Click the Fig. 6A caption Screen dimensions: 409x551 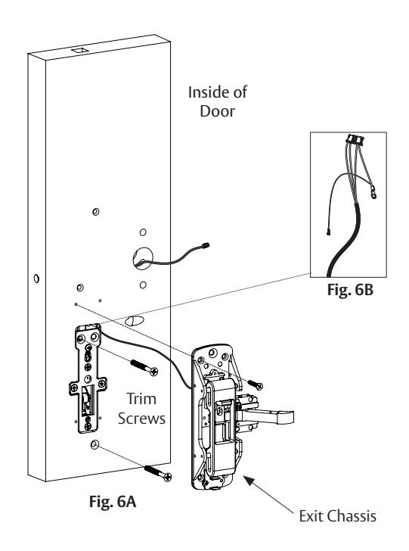click(x=113, y=502)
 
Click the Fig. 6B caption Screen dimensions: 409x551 click(x=350, y=290)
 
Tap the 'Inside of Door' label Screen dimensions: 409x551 click(x=217, y=101)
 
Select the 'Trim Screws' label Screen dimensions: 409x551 click(x=141, y=409)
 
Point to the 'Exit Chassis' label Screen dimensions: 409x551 click(x=337, y=516)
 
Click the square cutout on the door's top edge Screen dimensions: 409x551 click(x=81, y=50)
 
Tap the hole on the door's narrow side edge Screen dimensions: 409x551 click(x=36, y=279)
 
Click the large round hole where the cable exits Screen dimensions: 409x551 click(x=143, y=258)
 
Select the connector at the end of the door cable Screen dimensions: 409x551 click(x=206, y=245)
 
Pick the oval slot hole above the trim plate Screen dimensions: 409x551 click(x=135, y=320)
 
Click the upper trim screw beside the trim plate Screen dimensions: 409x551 click(x=144, y=367)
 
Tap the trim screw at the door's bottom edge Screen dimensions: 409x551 click(x=158, y=473)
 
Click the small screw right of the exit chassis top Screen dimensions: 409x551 click(x=256, y=384)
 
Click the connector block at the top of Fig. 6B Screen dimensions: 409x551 click(x=354, y=139)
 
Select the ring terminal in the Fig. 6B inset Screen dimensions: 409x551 click(x=374, y=193)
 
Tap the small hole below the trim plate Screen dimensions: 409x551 click(x=94, y=445)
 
